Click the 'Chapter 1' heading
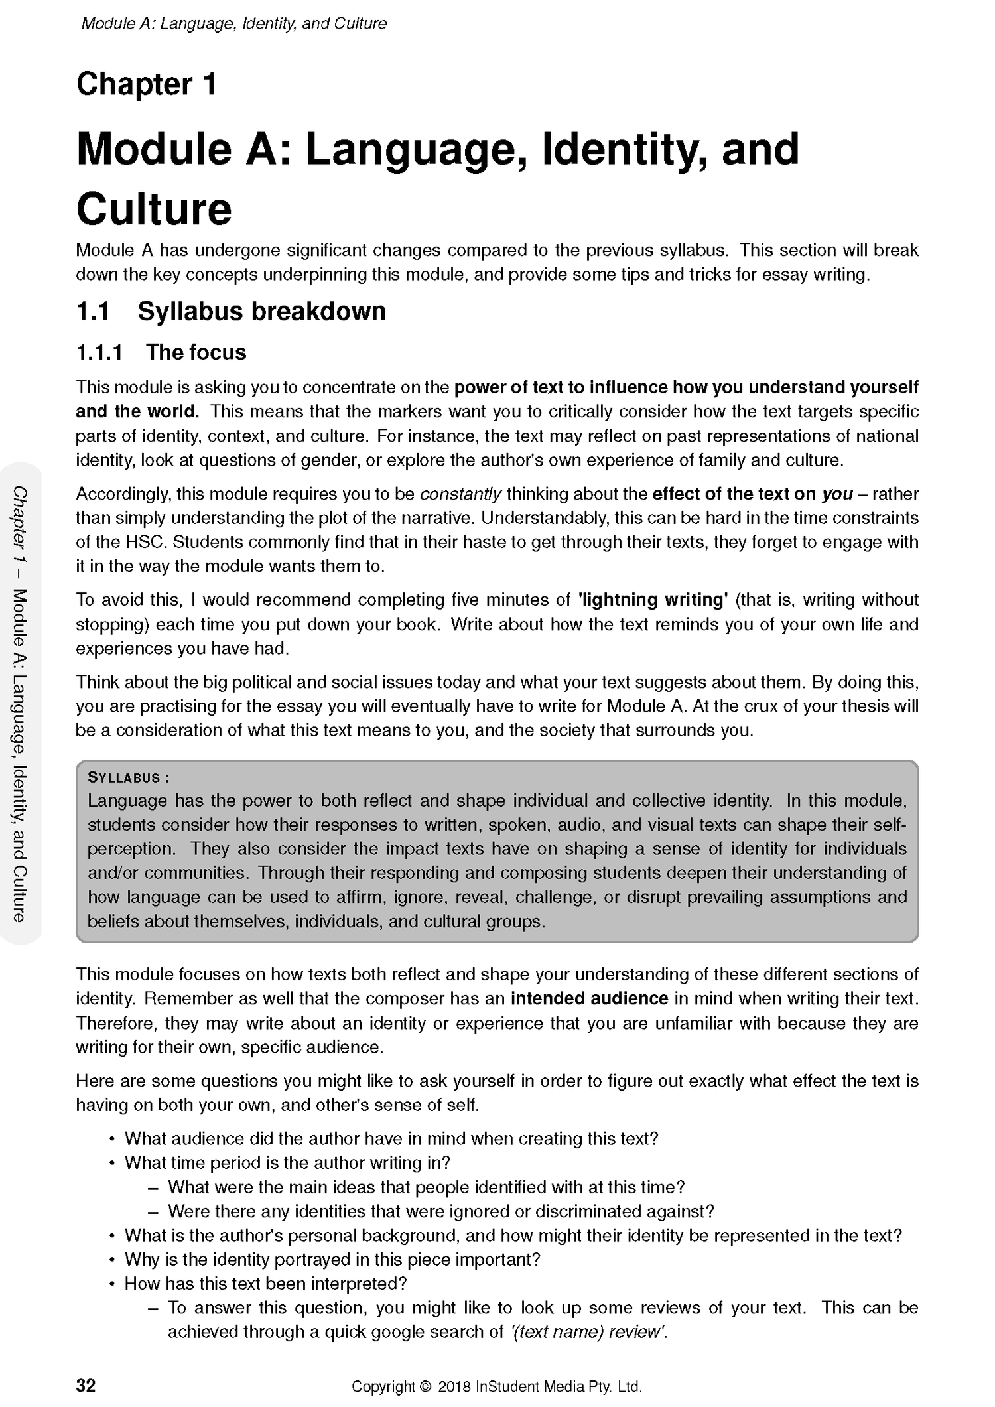coord(146,85)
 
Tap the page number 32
coord(86,1385)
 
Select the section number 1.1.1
coord(99,352)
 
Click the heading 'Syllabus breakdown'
coord(261,311)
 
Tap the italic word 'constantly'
coord(461,494)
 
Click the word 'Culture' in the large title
coord(154,209)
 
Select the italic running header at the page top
coord(233,24)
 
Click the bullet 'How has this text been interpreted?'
coord(265,1283)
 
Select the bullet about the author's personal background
coord(513,1235)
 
